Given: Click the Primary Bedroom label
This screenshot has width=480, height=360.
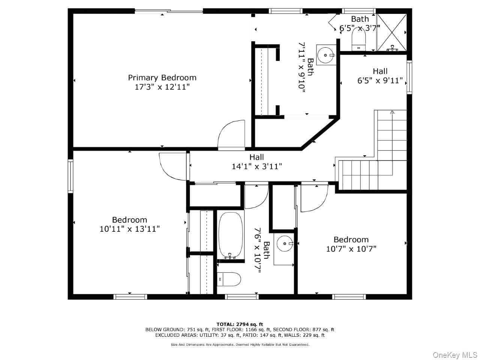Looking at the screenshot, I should (x=162, y=78).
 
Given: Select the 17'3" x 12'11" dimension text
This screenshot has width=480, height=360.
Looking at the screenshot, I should (x=162, y=87).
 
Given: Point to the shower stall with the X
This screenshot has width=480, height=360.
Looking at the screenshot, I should (x=391, y=32).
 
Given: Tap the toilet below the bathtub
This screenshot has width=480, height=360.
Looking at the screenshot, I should (x=229, y=279).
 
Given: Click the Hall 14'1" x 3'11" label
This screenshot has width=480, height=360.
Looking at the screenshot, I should (x=256, y=162).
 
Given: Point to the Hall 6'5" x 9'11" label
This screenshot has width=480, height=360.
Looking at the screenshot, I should (x=380, y=76).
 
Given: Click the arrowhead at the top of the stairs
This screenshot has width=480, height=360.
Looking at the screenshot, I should (x=392, y=112).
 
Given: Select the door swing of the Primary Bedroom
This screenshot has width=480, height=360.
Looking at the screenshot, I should (x=231, y=134).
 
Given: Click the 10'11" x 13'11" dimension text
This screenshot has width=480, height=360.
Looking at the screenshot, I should (x=129, y=229).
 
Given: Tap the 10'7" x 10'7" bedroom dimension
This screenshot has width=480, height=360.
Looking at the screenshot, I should (x=351, y=249).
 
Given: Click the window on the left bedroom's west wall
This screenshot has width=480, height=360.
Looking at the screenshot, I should (x=70, y=176).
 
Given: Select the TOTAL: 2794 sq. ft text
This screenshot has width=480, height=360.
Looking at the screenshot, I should (x=240, y=324).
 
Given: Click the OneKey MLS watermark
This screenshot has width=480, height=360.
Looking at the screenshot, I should (x=454, y=355).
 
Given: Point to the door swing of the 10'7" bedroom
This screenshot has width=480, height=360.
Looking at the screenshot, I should (x=313, y=198).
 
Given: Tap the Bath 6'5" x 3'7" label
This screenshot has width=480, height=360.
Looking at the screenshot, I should (x=360, y=23).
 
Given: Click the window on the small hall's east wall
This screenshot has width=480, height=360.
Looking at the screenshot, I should (x=409, y=77).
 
